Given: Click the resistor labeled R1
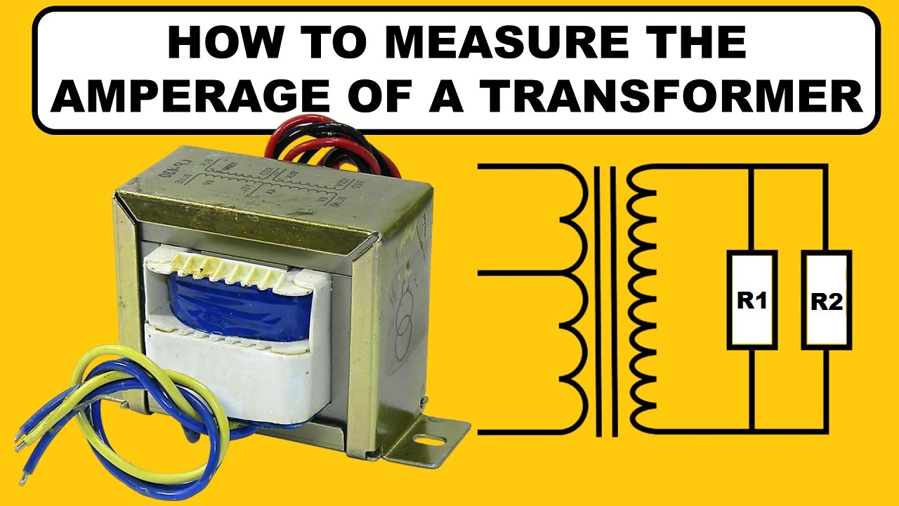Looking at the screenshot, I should point(752,300).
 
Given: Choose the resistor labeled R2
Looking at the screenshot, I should point(827,300).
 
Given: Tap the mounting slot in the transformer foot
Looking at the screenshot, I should point(430,442).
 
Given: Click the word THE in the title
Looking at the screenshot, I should point(692,43).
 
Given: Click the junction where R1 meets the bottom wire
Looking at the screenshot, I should point(752,430).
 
